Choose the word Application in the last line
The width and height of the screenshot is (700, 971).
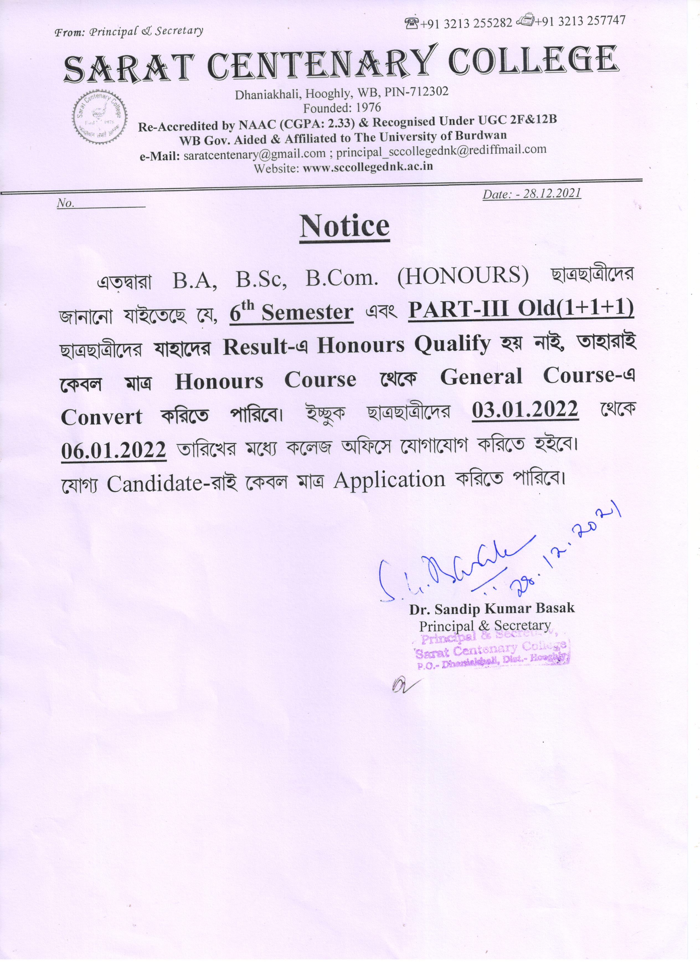tap(390, 480)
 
